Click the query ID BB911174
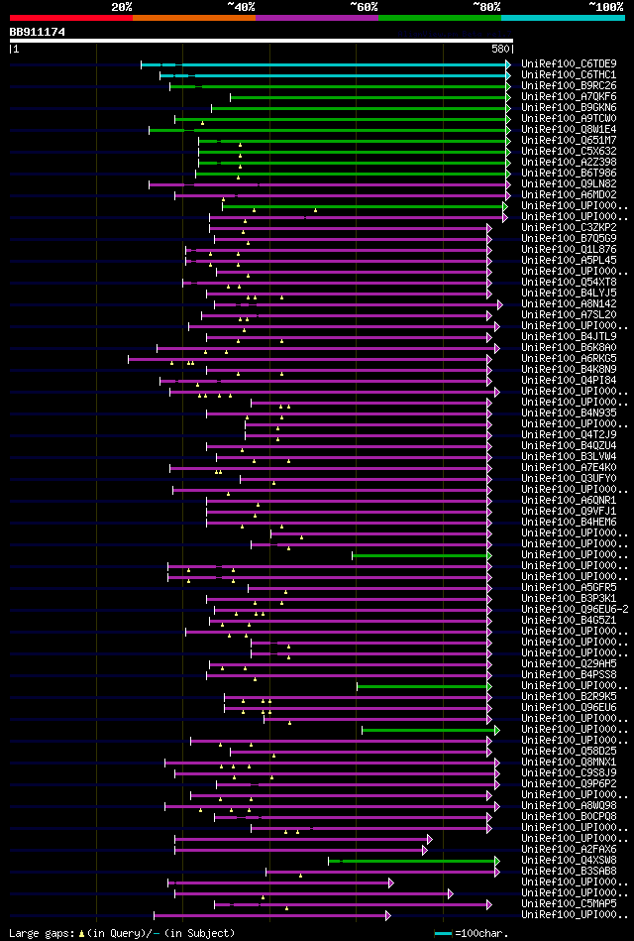click(38, 32)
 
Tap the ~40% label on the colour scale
click(241, 6)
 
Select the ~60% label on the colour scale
click(364, 6)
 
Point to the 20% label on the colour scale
click(121, 6)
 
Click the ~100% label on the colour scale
click(605, 6)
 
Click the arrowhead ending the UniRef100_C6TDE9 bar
click(508, 64)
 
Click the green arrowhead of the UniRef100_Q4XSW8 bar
click(497, 860)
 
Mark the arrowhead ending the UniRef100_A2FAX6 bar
click(425, 849)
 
